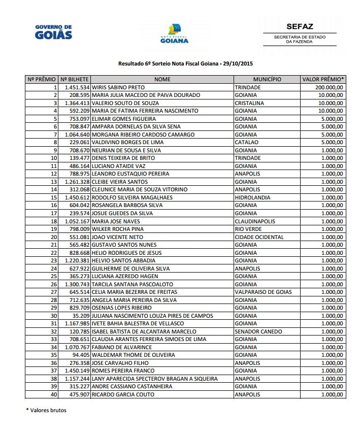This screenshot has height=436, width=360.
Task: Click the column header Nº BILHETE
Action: point(75,80)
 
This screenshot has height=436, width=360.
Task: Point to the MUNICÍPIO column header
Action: point(267,80)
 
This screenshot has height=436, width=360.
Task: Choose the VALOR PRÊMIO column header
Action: point(323,80)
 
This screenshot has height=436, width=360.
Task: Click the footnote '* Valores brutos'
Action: point(46,410)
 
